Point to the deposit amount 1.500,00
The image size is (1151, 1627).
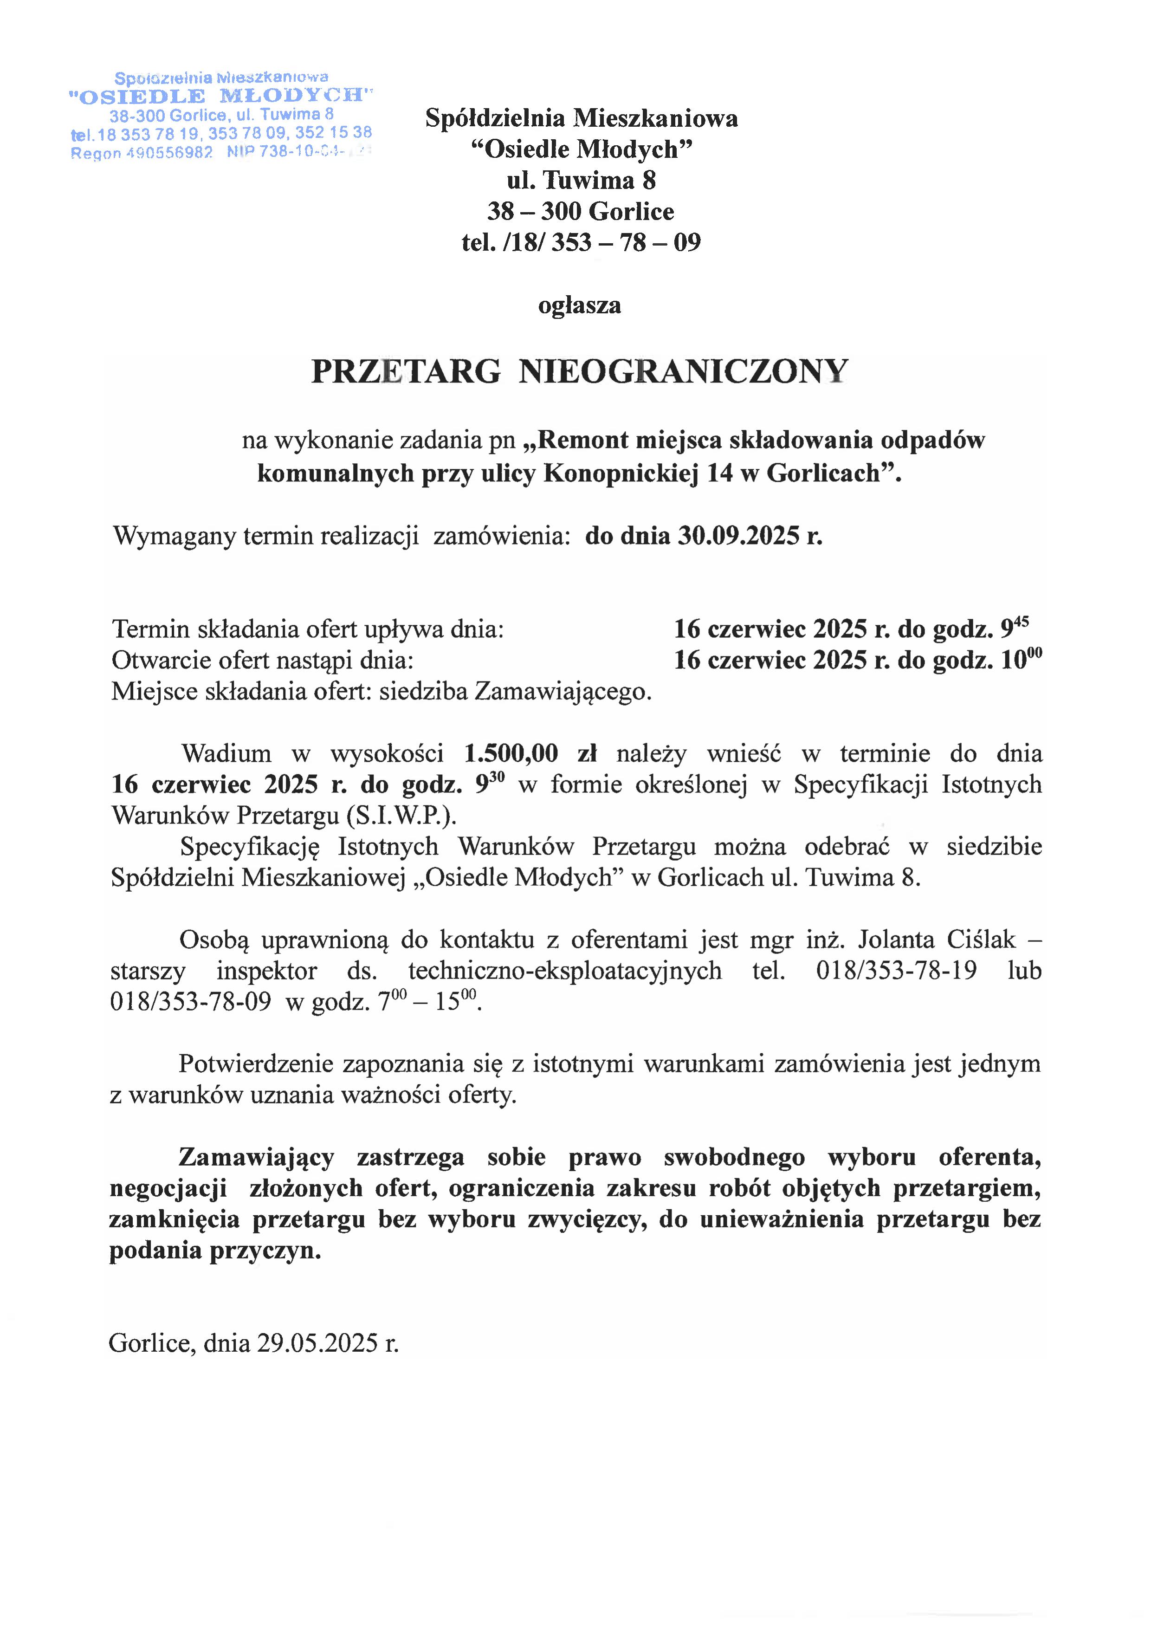511,753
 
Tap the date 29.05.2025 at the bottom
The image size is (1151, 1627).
317,1343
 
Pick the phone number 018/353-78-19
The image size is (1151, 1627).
896,971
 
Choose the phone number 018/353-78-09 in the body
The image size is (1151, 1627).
190,1002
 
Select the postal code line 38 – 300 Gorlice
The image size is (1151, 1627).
581,211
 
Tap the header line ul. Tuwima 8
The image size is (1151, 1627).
581,180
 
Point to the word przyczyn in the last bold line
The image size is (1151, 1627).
265,1250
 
